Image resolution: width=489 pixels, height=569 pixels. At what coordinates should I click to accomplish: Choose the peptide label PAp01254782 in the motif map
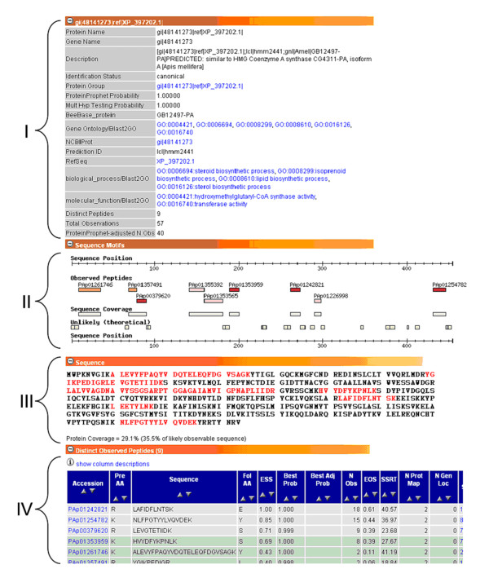coord(450,284)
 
